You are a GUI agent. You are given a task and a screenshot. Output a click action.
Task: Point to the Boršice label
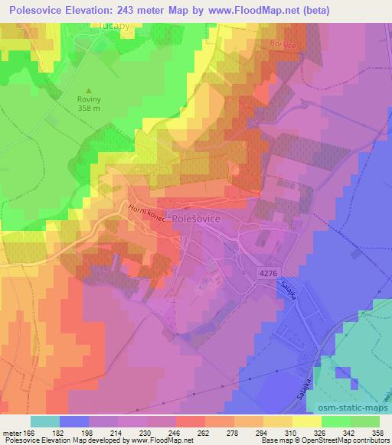coord(283,45)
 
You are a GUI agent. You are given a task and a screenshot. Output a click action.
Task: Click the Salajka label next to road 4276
coord(290,291)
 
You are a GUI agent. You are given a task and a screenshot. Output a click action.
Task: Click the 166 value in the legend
coord(31,434)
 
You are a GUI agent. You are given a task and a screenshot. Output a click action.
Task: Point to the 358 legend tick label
coord(376,434)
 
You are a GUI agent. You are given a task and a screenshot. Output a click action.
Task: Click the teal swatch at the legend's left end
coord(45,421)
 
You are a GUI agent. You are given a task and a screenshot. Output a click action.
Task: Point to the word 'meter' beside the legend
coord(12,434)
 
